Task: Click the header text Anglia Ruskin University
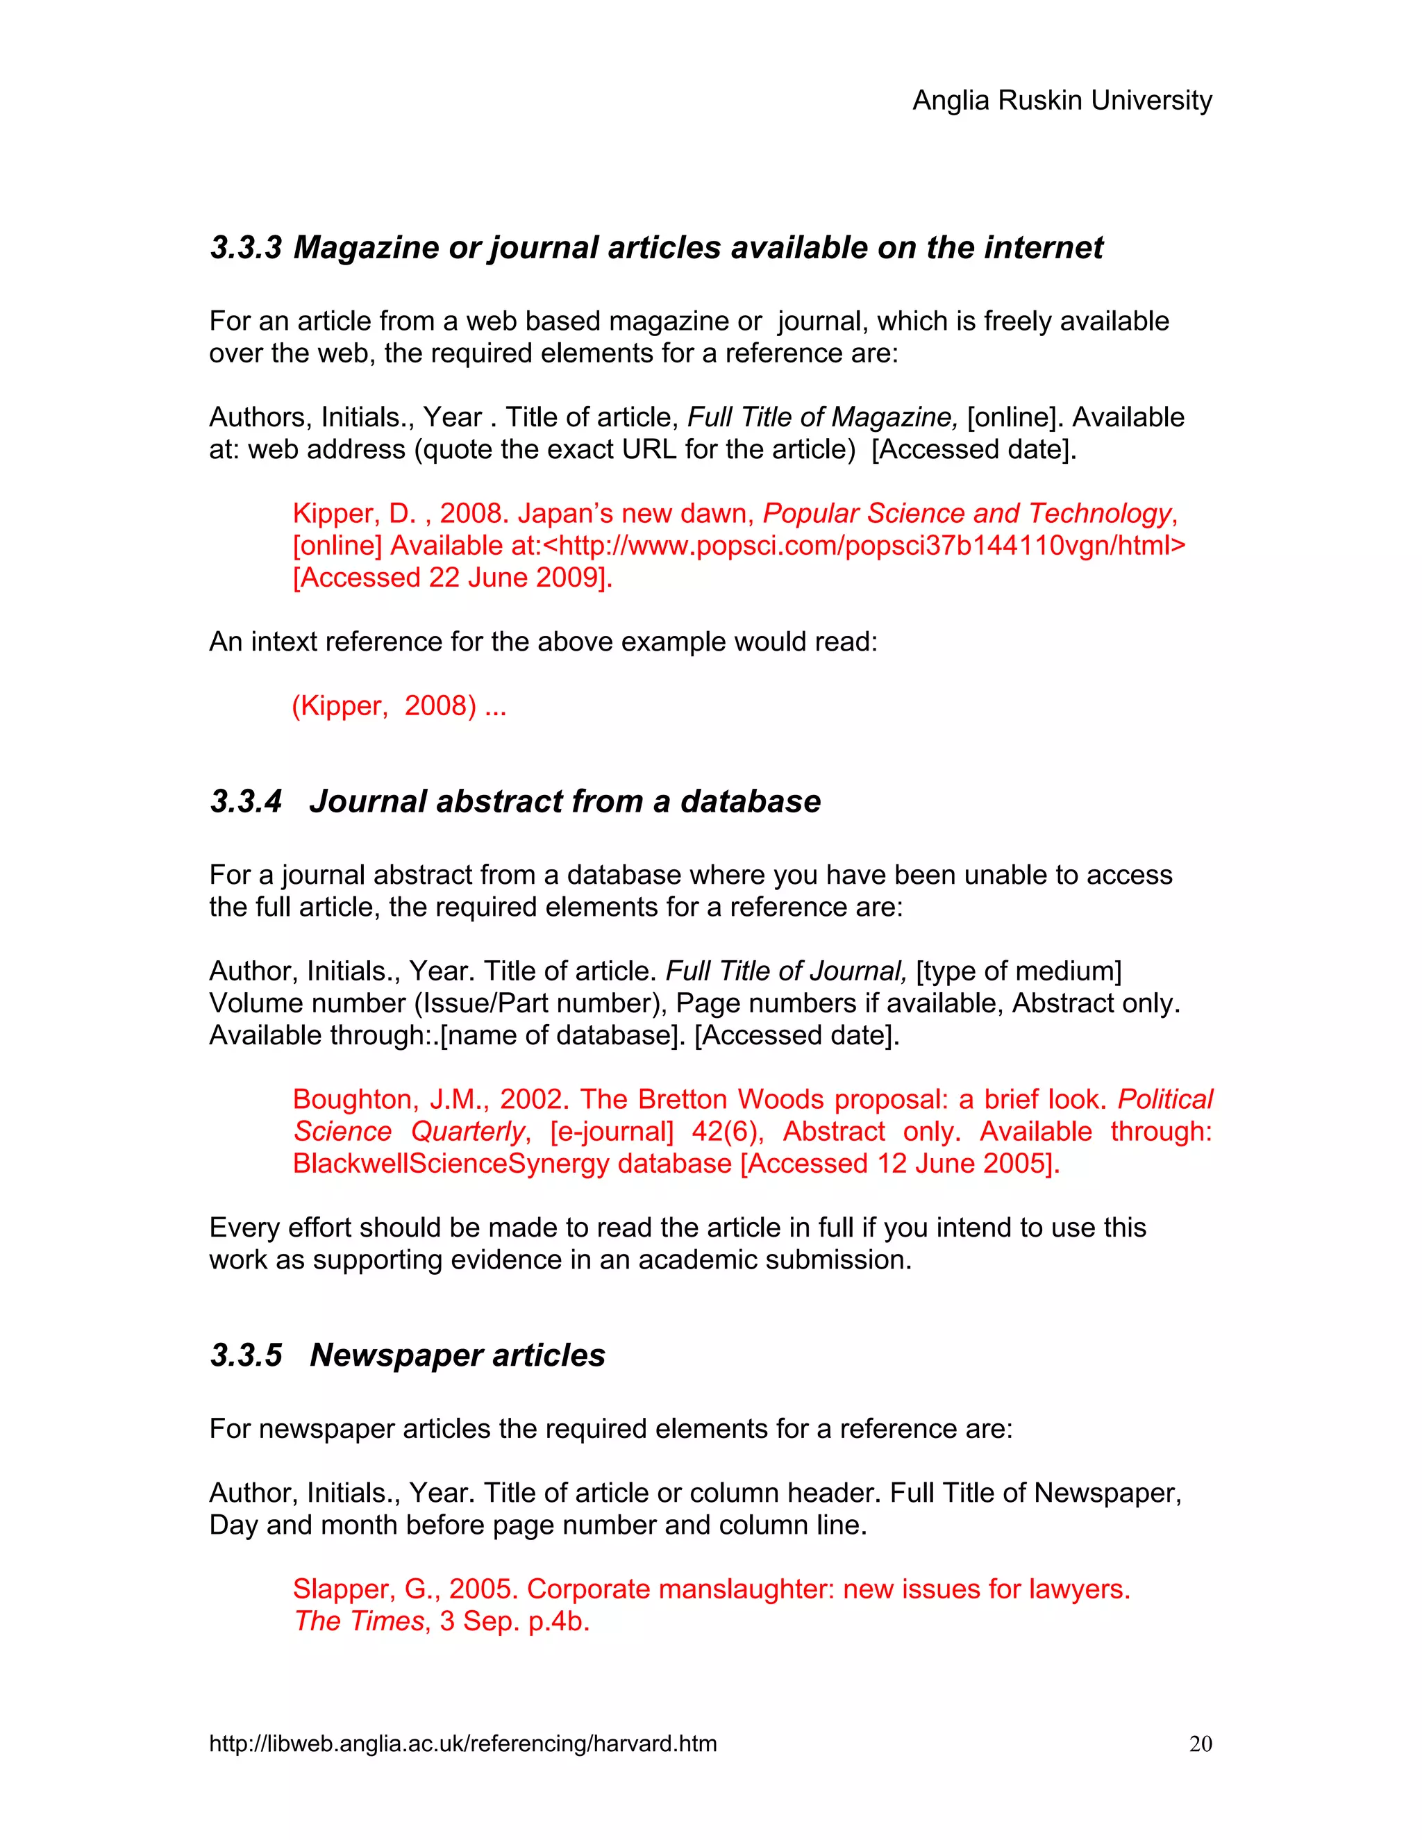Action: coord(1062,100)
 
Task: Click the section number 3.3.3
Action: coord(245,248)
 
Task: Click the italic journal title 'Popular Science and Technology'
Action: coord(967,513)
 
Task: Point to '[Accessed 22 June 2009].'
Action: coord(453,578)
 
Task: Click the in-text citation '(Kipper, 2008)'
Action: coord(384,705)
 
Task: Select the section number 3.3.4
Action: coord(245,801)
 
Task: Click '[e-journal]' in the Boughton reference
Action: coord(612,1132)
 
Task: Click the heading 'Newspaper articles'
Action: coord(458,1355)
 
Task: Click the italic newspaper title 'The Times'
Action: coord(360,1621)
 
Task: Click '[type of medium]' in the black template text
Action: coord(1019,971)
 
